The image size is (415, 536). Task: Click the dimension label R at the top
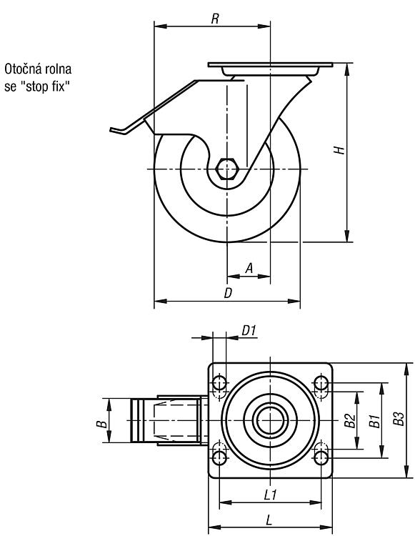[x=214, y=19]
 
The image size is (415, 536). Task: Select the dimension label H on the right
[x=339, y=150]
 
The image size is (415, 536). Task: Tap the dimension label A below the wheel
[x=249, y=268]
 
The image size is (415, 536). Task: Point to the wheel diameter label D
[x=228, y=293]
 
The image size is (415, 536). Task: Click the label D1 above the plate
[x=249, y=331]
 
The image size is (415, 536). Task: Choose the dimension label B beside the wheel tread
[x=101, y=424]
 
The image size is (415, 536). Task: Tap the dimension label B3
[x=399, y=419]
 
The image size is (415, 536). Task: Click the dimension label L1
[x=271, y=495]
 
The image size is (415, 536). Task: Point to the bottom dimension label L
[x=269, y=520]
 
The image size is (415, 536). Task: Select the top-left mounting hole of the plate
[x=219, y=383]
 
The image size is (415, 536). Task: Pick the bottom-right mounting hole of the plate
[x=321, y=457]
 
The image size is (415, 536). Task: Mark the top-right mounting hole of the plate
[x=321, y=383]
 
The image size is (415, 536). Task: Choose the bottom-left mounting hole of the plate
[x=219, y=457]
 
